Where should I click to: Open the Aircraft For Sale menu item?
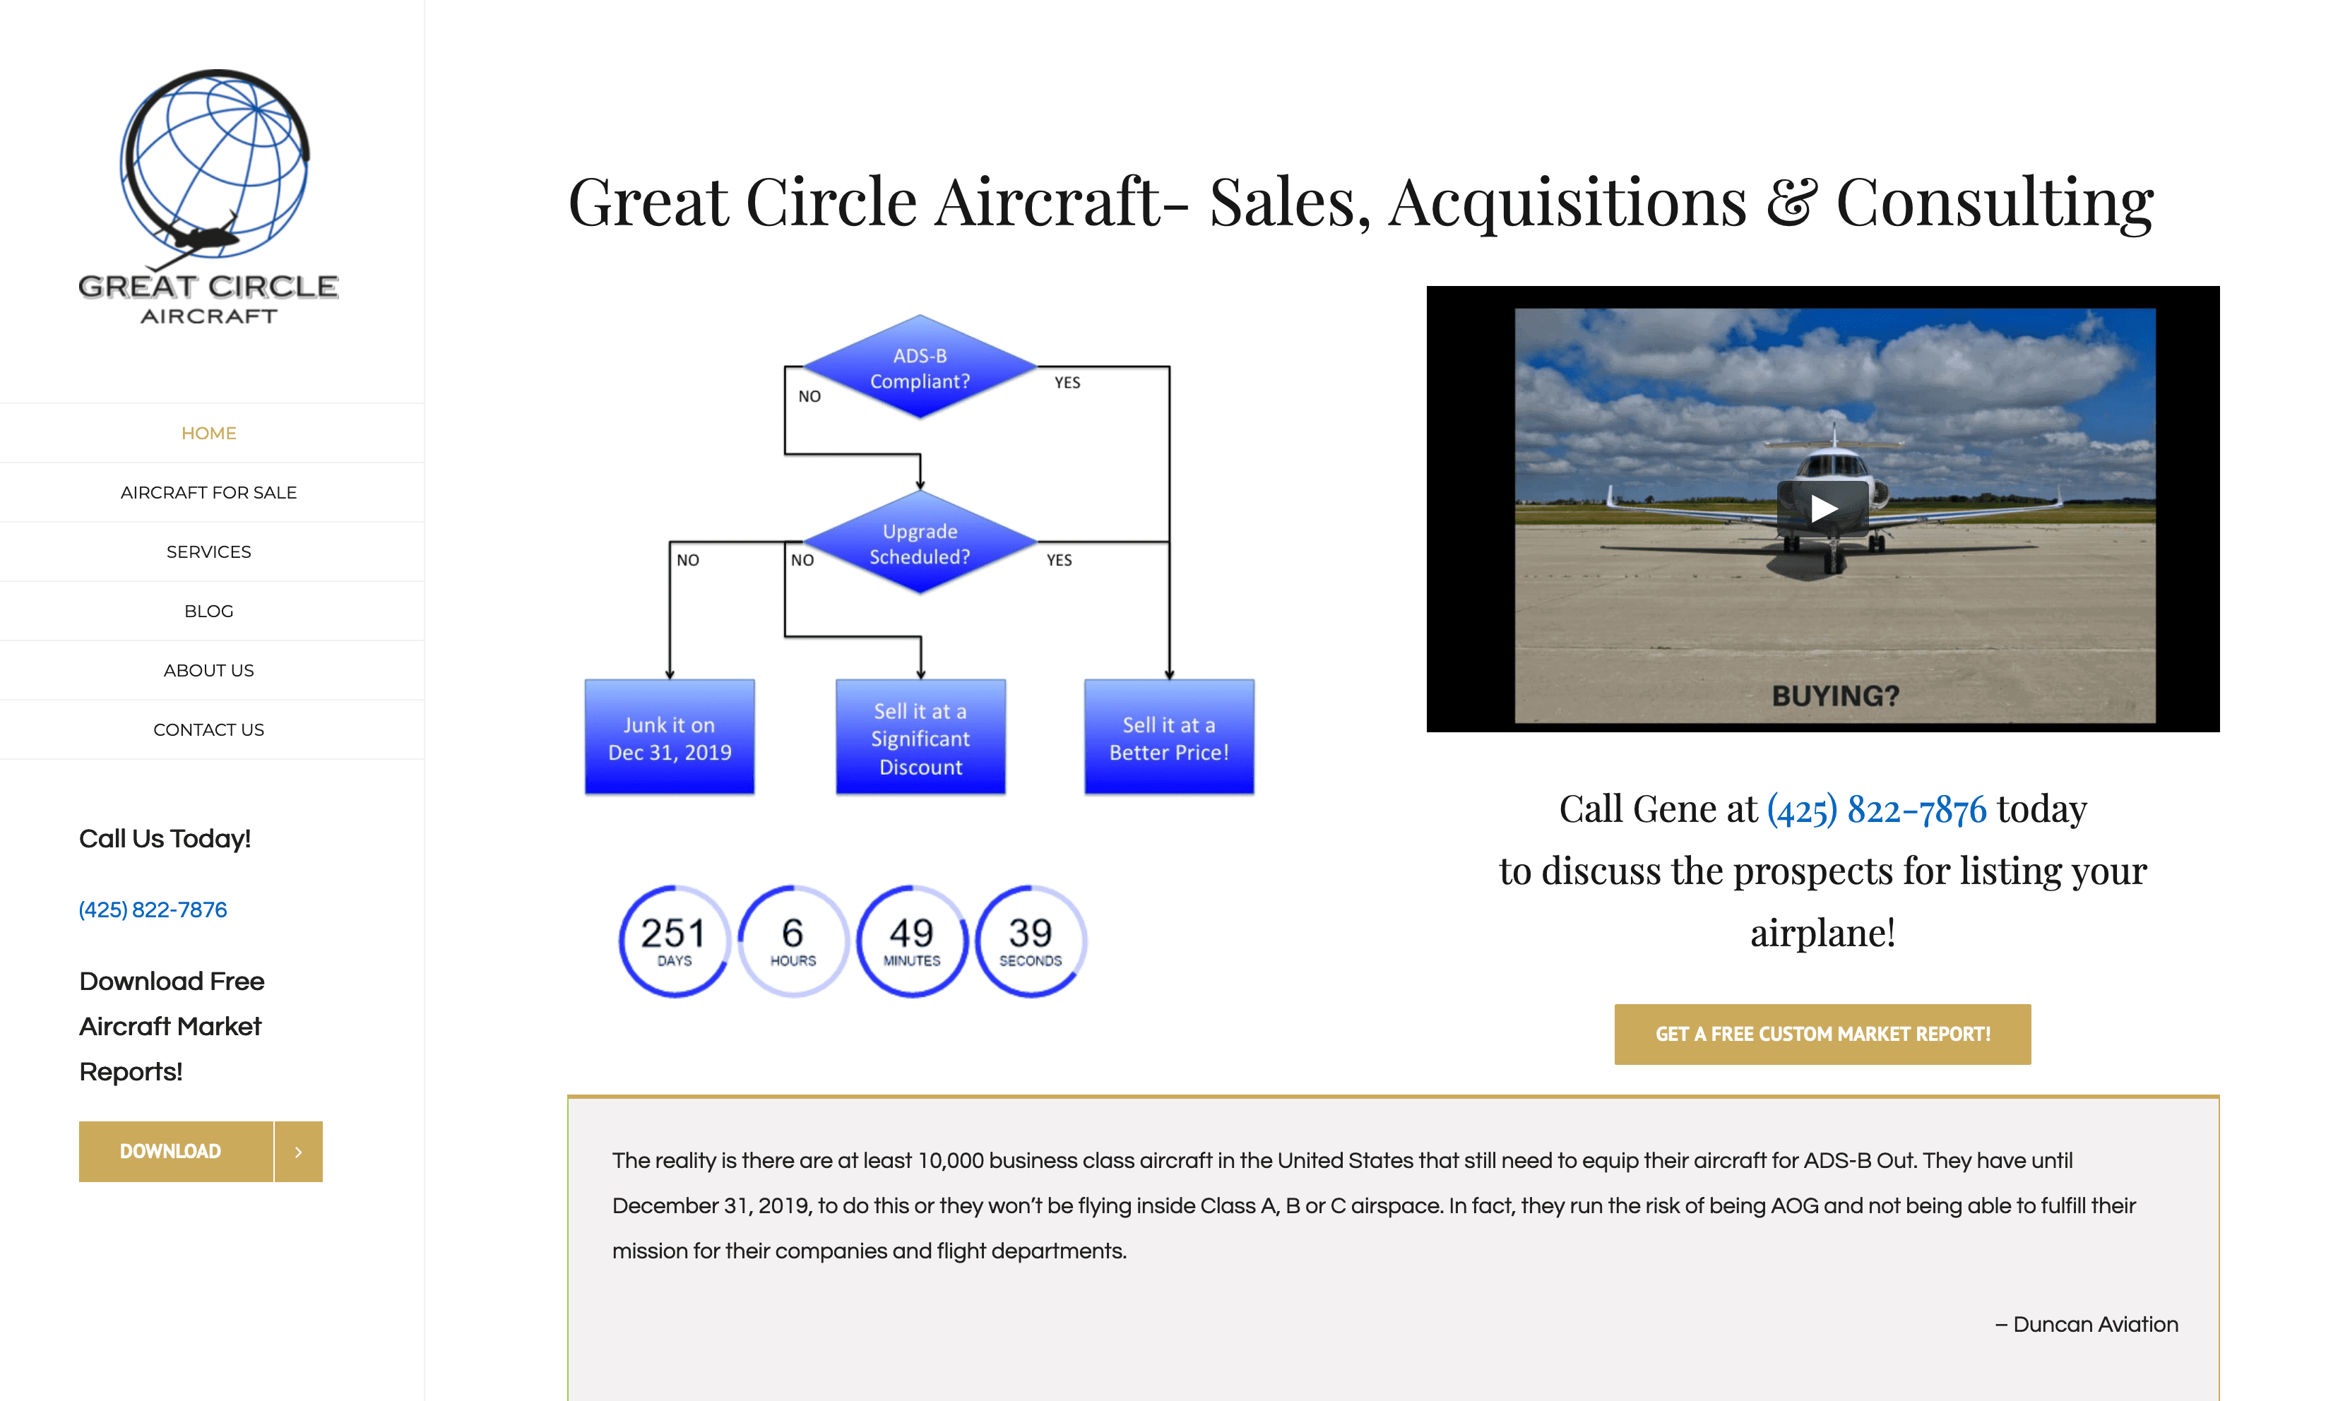point(208,492)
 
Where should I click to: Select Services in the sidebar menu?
point(208,552)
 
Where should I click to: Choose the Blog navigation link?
point(208,611)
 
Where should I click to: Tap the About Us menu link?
point(208,670)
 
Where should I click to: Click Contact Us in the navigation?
point(208,729)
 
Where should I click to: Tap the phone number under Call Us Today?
point(153,909)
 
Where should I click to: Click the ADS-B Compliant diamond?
point(920,367)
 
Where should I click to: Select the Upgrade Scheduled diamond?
point(920,543)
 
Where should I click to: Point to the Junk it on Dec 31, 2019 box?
point(670,737)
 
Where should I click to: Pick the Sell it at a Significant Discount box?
point(920,737)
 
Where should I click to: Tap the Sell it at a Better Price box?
point(1169,737)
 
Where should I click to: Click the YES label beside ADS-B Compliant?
point(1067,382)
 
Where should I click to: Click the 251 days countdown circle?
point(674,941)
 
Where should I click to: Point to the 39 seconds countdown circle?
point(1030,941)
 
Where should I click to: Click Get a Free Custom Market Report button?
point(1822,1034)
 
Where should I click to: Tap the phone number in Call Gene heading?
point(1876,810)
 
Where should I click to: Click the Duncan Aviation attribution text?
point(2087,1325)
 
